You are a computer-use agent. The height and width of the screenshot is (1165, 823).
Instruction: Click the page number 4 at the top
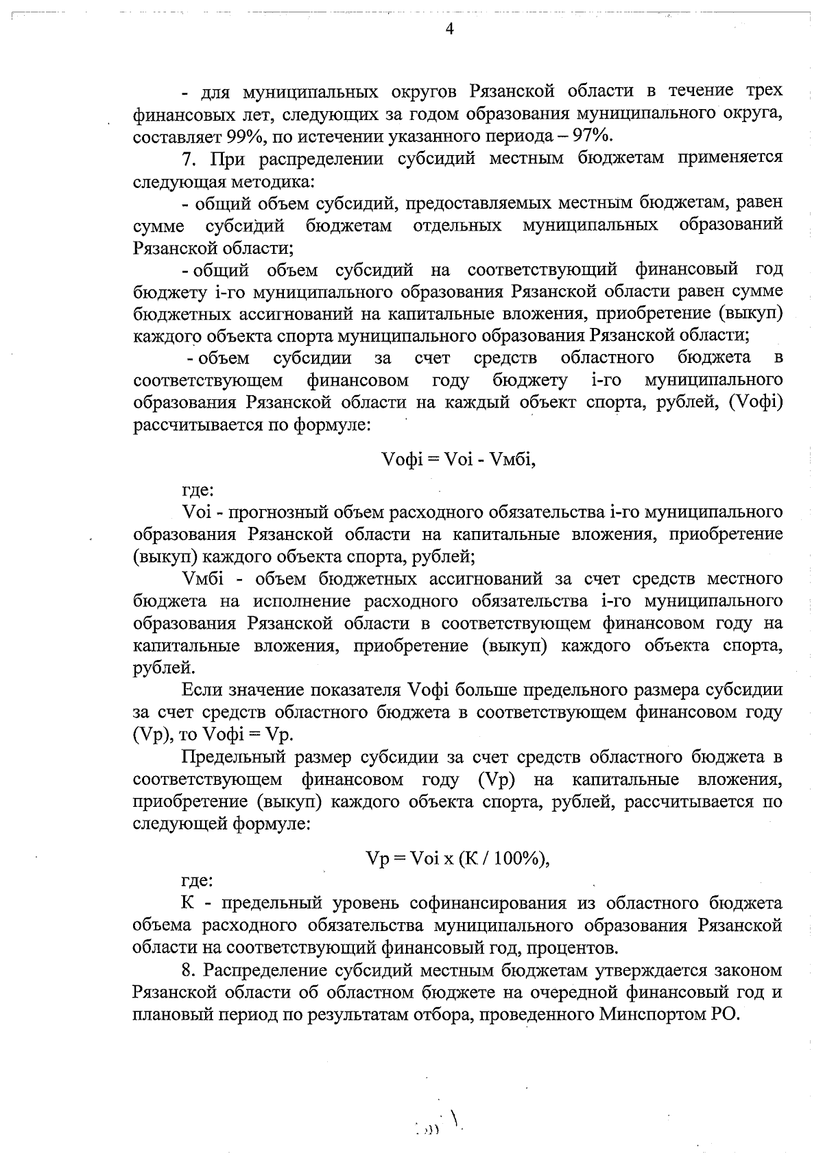click(x=449, y=29)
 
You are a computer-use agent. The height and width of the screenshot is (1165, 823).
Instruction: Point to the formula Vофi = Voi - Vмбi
click(x=458, y=459)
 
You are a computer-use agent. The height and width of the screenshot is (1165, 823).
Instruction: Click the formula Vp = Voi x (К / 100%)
click(x=458, y=858)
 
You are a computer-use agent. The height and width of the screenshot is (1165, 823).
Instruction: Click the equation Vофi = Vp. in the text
click(x=248, y=734)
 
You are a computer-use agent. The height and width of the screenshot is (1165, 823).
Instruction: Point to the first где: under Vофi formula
click(x=198, y=491)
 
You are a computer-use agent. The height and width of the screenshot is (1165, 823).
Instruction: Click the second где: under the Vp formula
click(x=198, y=880)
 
